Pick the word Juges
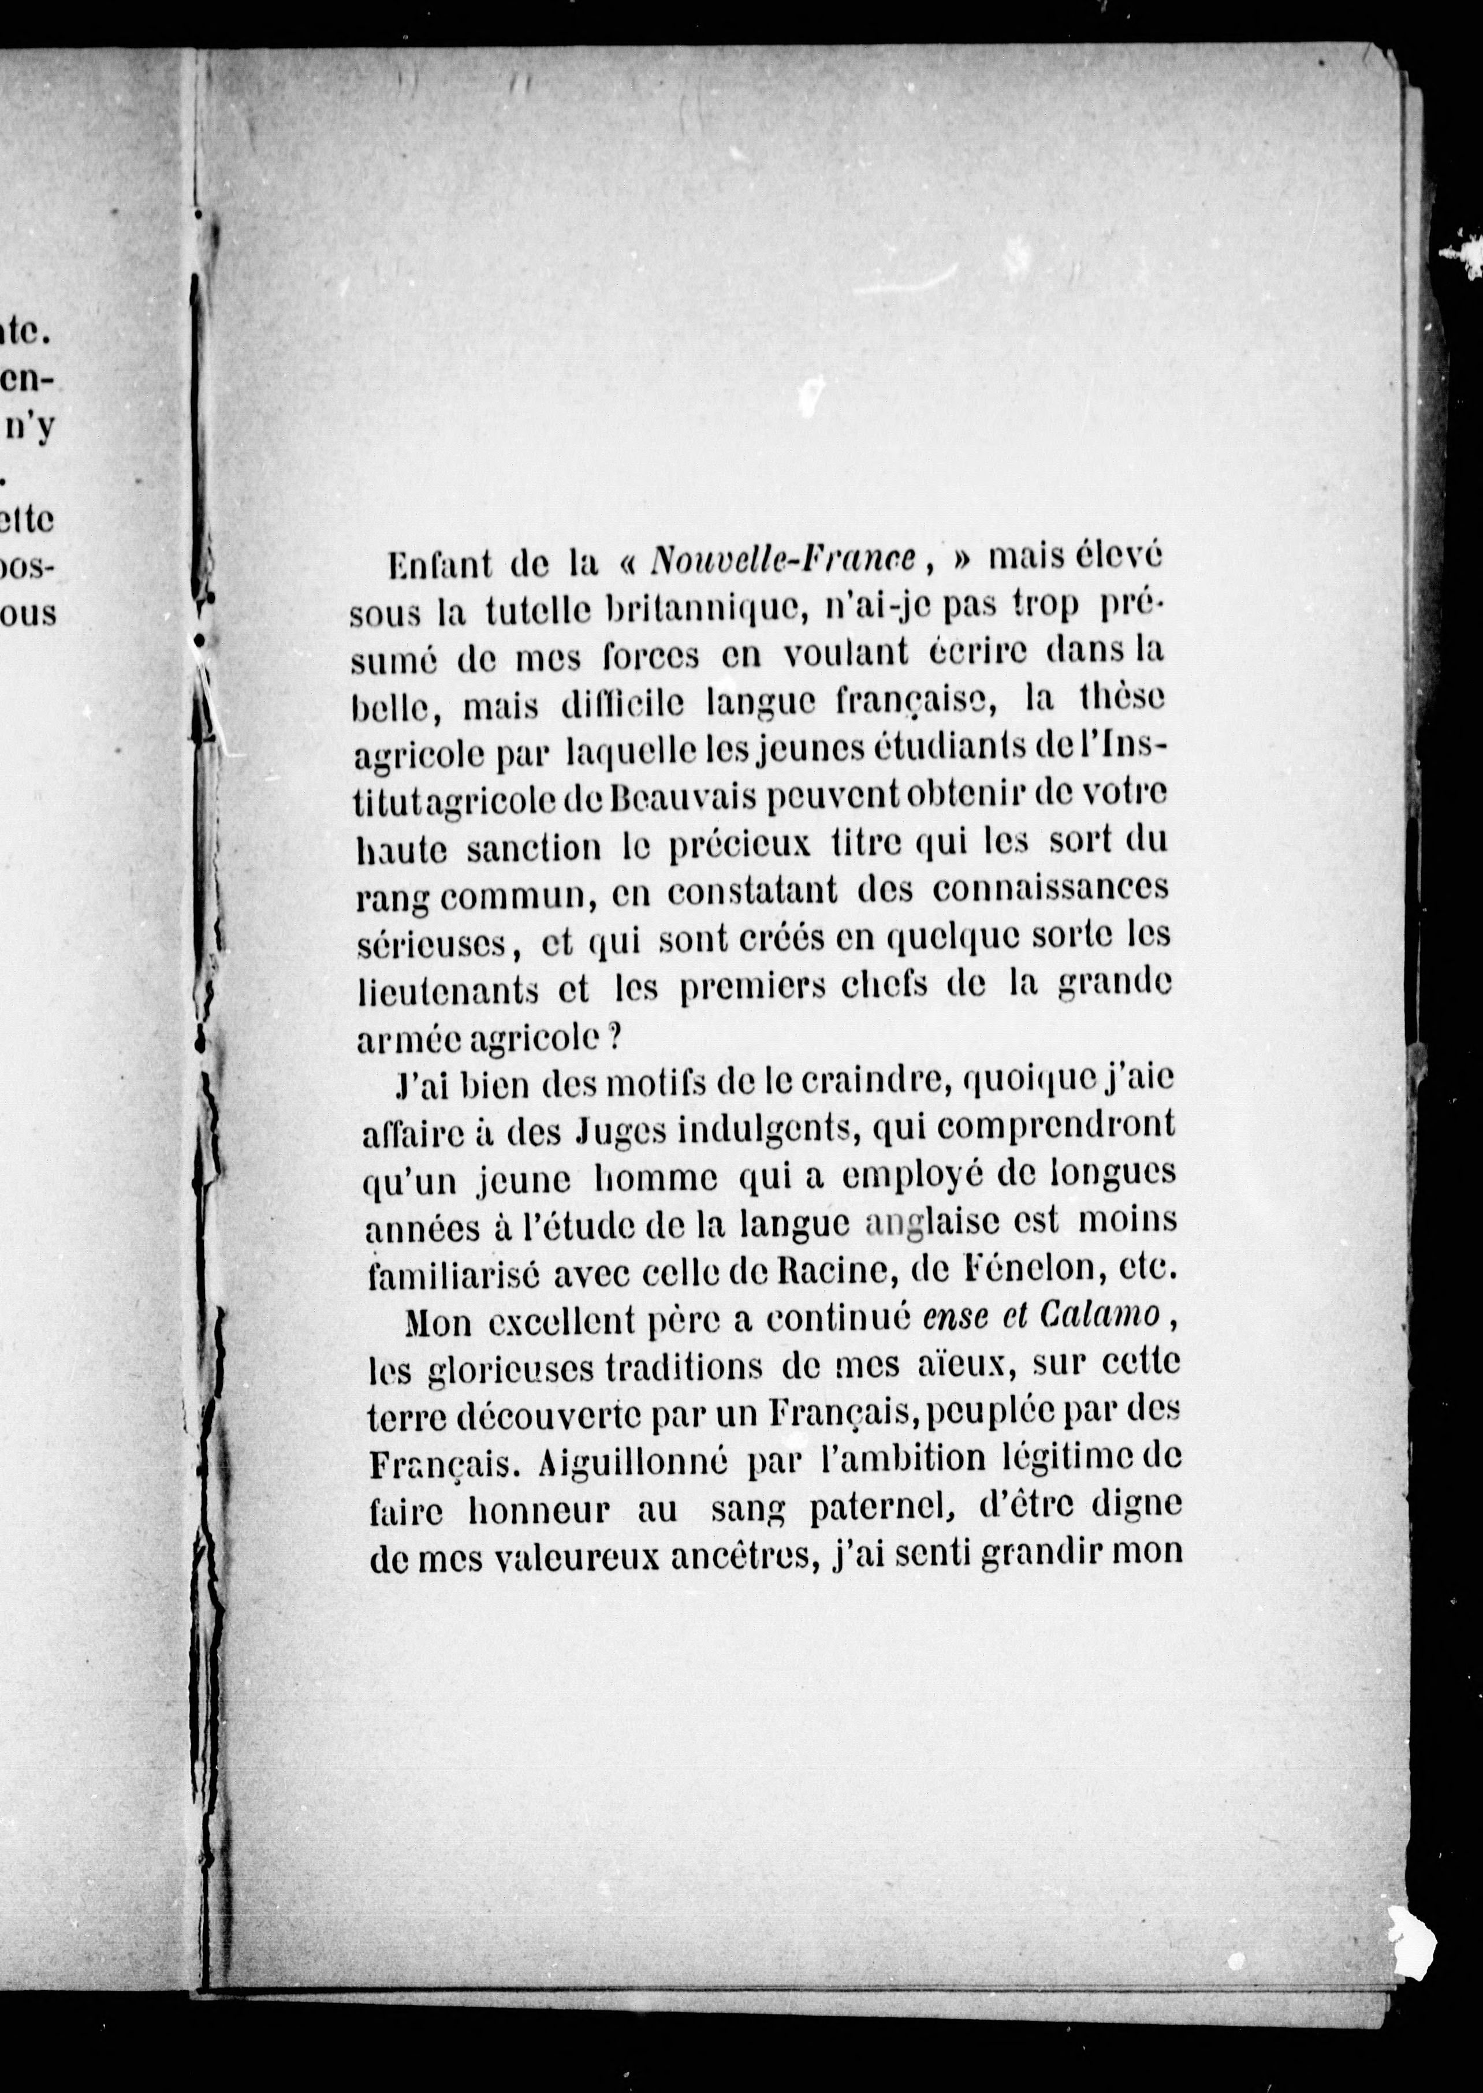tap(620, 1133)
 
